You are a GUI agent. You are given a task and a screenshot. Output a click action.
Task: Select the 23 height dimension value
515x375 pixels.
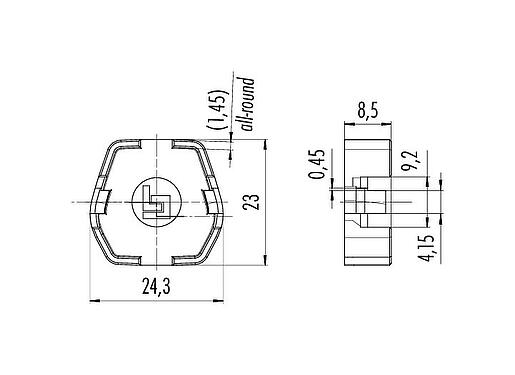255,203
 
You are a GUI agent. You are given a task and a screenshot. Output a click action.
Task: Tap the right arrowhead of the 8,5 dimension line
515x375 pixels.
389,125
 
